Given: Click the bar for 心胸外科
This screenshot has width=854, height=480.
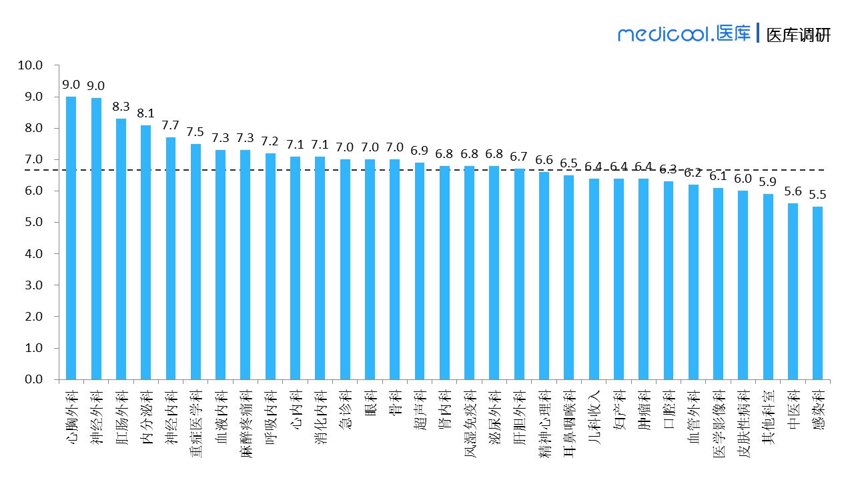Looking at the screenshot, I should pos(71,238).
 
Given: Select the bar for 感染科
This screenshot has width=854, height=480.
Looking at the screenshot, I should pos(817,293).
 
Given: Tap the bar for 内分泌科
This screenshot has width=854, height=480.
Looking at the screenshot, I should pos(145,252).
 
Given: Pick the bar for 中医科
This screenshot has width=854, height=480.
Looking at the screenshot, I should pos(793,291).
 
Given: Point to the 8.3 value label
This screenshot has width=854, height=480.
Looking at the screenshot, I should pos(121,107).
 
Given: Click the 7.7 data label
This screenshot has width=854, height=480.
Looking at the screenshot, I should pos(171,125).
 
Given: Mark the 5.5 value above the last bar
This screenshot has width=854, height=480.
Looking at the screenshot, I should pos(817,195).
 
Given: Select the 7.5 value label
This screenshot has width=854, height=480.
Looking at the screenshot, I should pos(195,132).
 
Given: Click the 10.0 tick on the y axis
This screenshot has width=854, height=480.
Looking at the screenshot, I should pos(30,65).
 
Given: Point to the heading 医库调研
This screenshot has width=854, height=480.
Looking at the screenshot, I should pos(798,35).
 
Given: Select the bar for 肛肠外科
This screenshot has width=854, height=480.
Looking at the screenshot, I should pos(121,249).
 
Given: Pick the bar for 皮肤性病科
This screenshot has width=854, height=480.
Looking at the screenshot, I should pos(743,285).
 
